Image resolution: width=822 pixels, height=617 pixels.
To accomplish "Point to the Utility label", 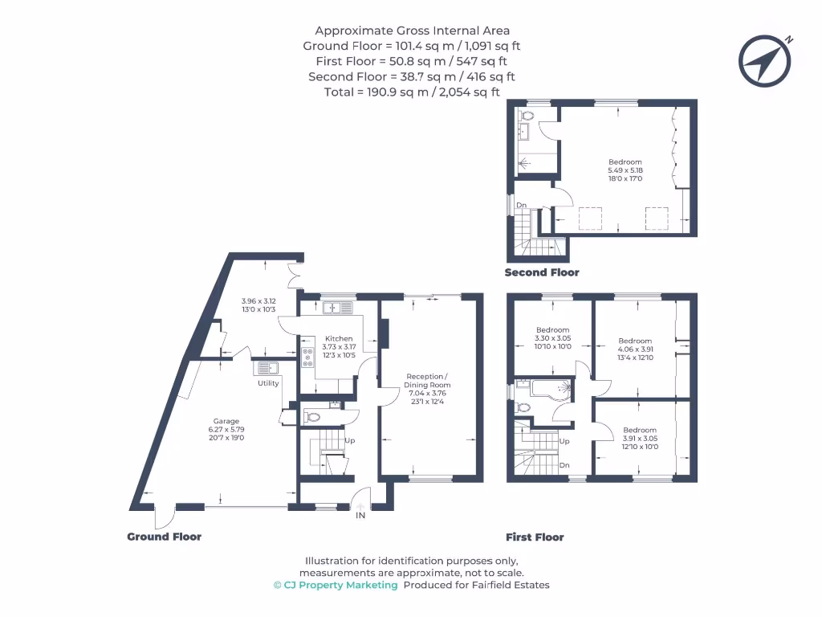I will tap(268, 383).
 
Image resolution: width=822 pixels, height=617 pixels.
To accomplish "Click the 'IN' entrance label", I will tap(360, 516).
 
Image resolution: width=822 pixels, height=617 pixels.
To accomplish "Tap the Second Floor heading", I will tap(542, 272).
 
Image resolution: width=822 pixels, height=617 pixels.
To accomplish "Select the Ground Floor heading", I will tap(164, 537).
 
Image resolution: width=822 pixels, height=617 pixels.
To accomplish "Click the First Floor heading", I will tap(535, 537).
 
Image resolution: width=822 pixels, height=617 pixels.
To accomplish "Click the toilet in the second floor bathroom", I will tap(527, 116).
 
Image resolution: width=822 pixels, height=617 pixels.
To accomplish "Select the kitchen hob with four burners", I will tap(307, 358).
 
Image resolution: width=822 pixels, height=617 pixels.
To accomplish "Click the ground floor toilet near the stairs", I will tap(314, 417).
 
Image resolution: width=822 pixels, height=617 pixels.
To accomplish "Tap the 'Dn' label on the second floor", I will tap(521, 206).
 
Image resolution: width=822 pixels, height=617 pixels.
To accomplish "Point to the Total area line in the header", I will tap(412, 92).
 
